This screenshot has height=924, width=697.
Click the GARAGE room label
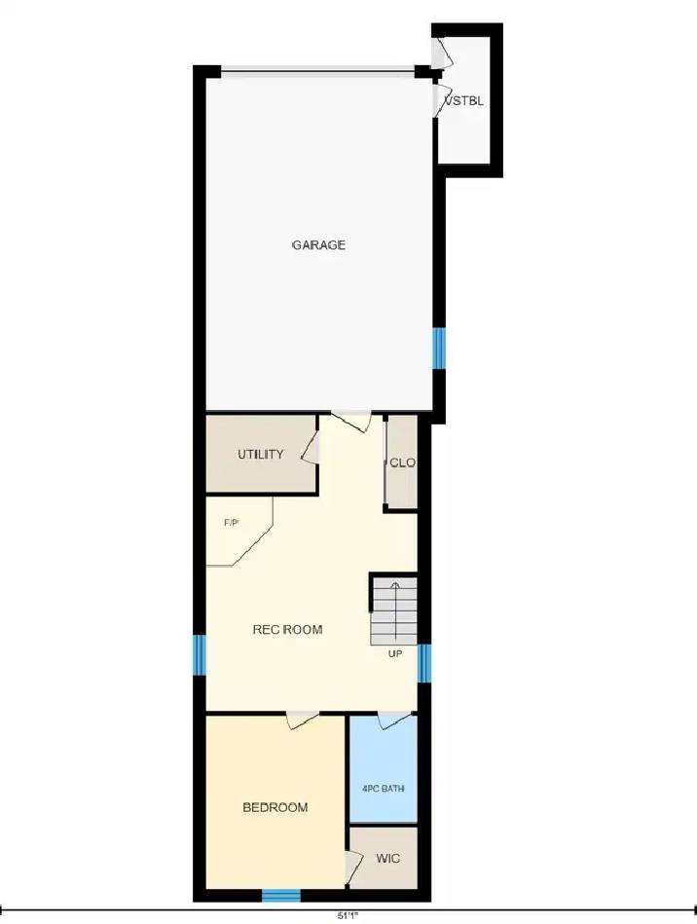point(318,244)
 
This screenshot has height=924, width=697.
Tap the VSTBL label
point(465,100)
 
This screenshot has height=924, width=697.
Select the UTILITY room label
point(261,455)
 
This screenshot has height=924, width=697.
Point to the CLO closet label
point(402,462)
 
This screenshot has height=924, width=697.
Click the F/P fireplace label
point(231,523)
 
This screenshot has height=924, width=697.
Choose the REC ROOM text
point(287,629)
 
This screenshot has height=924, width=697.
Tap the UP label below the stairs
point(395,653)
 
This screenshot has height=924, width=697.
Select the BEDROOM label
point(275,807)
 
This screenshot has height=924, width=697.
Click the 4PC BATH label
point(383,789)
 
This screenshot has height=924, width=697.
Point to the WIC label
point(387,858)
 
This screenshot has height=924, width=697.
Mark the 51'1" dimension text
point(348,916)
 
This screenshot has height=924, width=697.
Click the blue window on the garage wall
point(439,349)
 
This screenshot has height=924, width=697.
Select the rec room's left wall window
point(201,655)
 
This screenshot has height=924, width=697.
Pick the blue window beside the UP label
point(424,663)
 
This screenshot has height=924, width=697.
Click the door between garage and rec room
point(351,421)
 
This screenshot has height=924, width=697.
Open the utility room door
point(311,448)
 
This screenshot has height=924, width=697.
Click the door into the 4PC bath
point(393,721)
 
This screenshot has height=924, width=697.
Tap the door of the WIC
point(353,867)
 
